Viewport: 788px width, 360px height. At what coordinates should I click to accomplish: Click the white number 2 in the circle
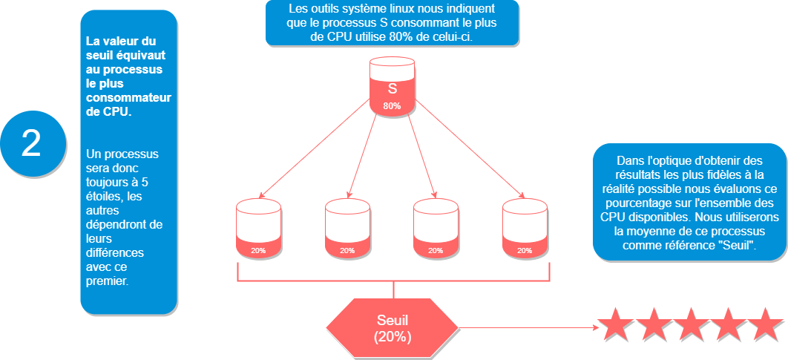30,143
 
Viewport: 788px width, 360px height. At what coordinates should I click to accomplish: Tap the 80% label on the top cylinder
392,106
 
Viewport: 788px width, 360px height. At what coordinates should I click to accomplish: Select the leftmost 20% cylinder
258,229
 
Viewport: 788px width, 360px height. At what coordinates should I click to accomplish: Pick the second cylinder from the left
347,229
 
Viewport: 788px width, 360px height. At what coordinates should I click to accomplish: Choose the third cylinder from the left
436,229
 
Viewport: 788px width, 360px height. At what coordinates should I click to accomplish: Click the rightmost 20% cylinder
525,229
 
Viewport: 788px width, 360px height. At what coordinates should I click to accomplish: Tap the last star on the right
766,325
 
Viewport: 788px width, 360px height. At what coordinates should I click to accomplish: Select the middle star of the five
689,325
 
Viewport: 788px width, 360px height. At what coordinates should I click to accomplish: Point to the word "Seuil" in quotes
732,245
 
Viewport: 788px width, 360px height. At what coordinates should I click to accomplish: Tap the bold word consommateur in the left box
128,97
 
